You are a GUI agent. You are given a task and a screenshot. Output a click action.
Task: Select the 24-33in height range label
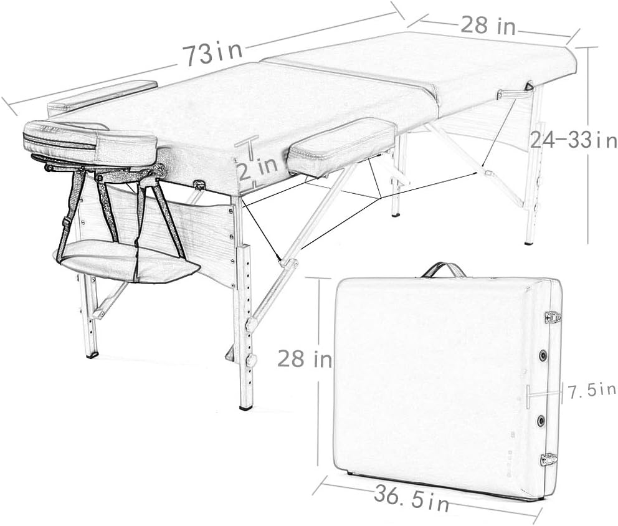[x=573, y=140]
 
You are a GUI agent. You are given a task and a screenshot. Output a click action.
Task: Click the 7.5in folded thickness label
[x=591, y=391]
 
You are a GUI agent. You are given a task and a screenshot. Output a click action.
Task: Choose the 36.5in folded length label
[x=412, y=499]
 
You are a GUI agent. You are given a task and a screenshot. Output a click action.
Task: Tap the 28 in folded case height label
[x=304, y=360]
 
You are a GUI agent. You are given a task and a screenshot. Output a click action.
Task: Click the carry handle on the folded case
[x=444, y=269]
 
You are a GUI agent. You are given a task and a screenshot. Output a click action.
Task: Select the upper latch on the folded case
[x=552, y=317]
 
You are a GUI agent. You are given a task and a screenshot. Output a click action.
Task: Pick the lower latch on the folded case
[x=549, y=460]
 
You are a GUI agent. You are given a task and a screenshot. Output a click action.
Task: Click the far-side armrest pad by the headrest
[x=103, y=95]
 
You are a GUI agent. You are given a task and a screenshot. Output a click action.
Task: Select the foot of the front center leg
[x=245, y=406]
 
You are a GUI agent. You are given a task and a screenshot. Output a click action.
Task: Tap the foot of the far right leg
[x=529, y=241]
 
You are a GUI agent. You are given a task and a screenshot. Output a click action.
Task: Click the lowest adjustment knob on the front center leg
[x=252, y=361]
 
